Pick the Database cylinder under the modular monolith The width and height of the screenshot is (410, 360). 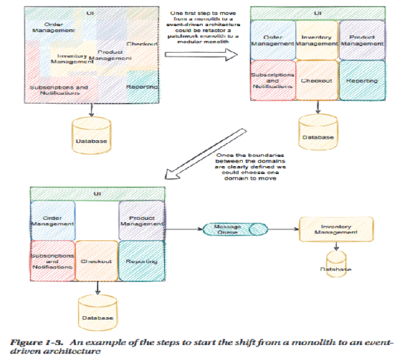click(318, 129)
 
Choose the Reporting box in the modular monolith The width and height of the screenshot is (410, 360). click(361, 81)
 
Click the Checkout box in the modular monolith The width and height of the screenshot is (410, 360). click(317, 81)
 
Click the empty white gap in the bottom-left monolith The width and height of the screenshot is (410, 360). click(96, 219)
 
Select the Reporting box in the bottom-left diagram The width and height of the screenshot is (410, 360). click(141, 262)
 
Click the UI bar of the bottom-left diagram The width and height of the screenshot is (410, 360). click(96, 193)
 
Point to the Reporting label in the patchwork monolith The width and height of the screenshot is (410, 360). click(142, 87)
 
